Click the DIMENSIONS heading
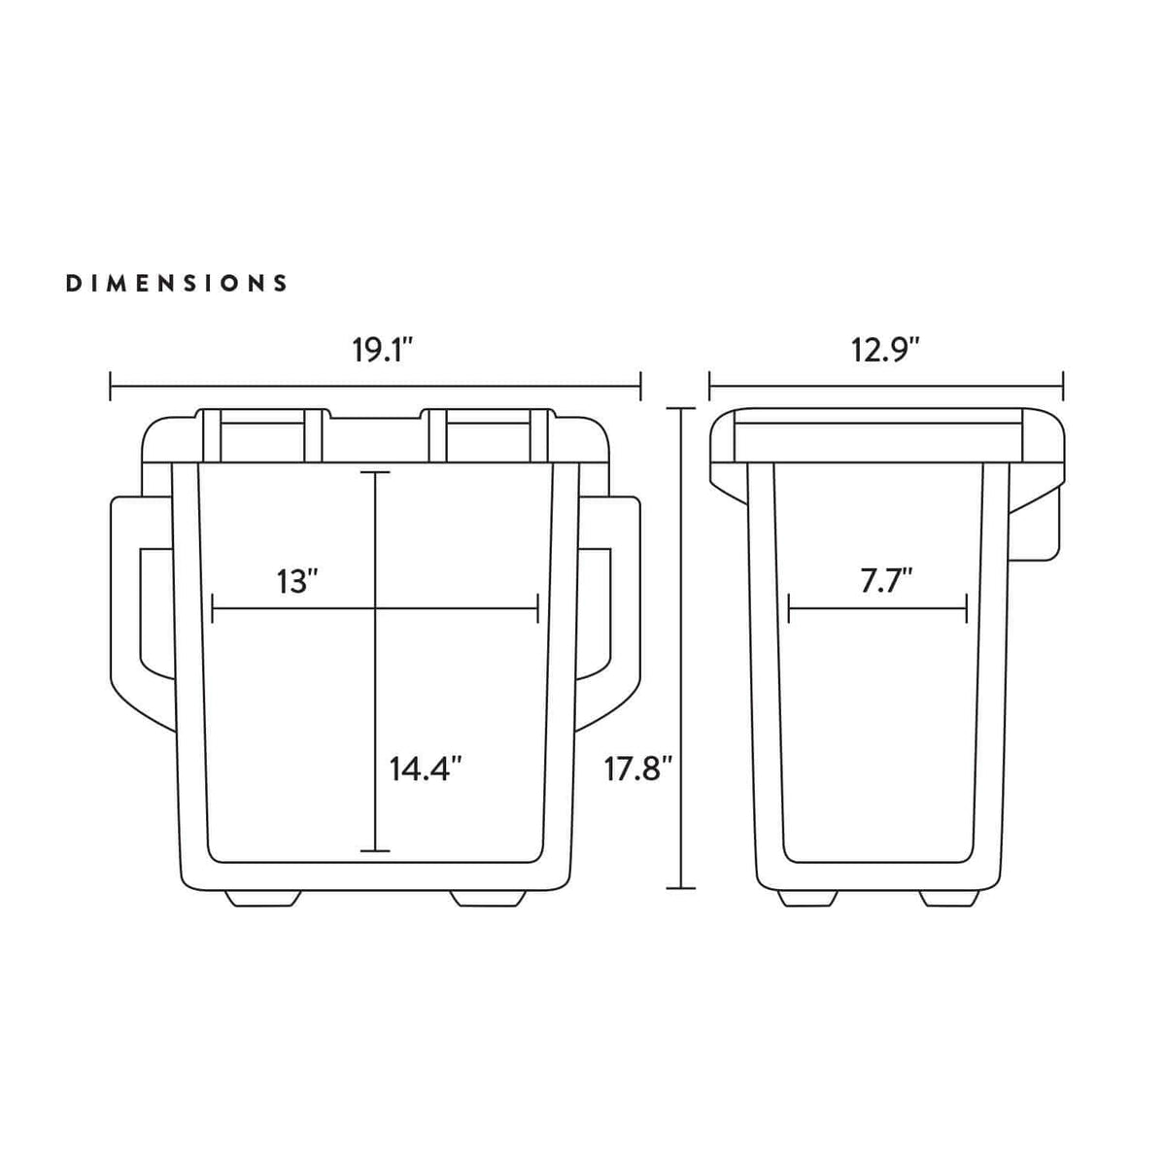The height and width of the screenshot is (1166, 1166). tap(176, 284)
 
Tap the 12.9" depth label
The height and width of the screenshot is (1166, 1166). tap(885, 350)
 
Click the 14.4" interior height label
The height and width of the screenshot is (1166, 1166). tap(425, 769)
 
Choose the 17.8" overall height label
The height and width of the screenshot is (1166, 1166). tap(638, 769)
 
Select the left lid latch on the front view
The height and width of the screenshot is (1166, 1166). tap(260, 435)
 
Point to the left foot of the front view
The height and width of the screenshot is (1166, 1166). tap(260, 899)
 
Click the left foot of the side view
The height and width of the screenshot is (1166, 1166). tap(807, 899)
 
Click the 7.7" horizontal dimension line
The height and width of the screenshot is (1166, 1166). tap(877, 611)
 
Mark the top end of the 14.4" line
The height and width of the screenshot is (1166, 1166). tap(375, 473)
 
